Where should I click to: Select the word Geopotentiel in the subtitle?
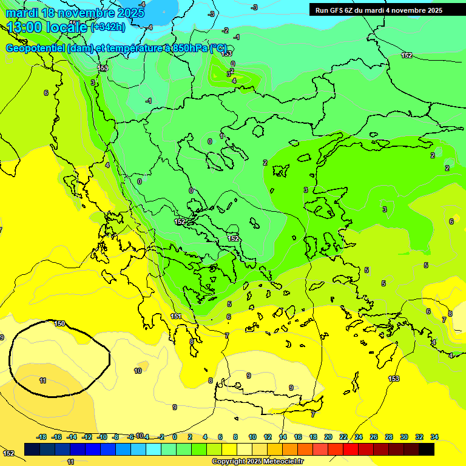click(35, 49)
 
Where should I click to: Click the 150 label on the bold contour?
click(59, 323)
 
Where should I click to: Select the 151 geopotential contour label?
click(176, 316)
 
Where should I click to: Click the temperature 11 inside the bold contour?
click(42, 380)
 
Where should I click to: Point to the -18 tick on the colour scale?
click(41, 437)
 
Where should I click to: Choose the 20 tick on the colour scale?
click(328, 437)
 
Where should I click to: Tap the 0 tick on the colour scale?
click(174, 437)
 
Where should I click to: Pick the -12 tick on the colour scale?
click(87, 437)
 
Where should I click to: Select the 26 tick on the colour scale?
click(373, 437)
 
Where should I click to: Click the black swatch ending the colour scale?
click(426, 449)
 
